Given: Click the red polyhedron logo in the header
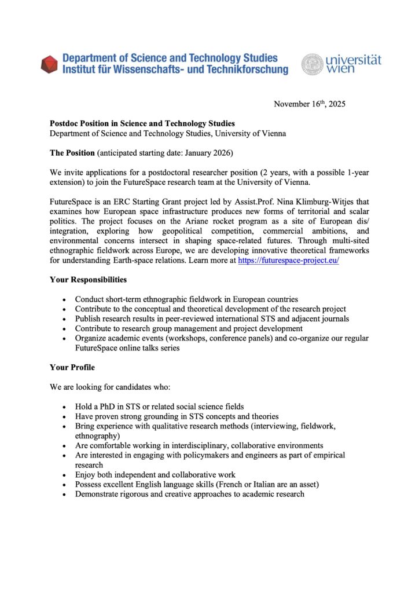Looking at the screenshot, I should (49, 64).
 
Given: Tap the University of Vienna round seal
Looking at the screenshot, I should (312, 64).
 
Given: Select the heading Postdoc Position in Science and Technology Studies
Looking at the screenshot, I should (142, 124).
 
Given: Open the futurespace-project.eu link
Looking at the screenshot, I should (288, 260).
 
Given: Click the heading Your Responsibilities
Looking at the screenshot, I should (88, 280).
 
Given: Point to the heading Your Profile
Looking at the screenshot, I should (72, 367).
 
